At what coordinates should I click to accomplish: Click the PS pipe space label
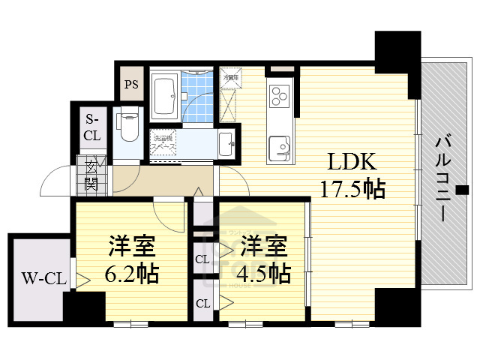click(x=131, y=84)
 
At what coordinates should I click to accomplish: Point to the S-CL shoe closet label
click(x=91, y=127)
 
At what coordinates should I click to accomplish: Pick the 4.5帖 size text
click(x=260, y=274)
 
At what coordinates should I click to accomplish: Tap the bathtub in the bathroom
click(x=164, y=95)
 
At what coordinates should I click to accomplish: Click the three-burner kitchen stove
click(x=279, y=97)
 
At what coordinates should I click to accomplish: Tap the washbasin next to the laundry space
click(x=226, y=142)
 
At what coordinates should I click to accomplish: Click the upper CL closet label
click(x=202, y=259)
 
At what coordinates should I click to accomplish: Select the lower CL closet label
click(x=202, y=304)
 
